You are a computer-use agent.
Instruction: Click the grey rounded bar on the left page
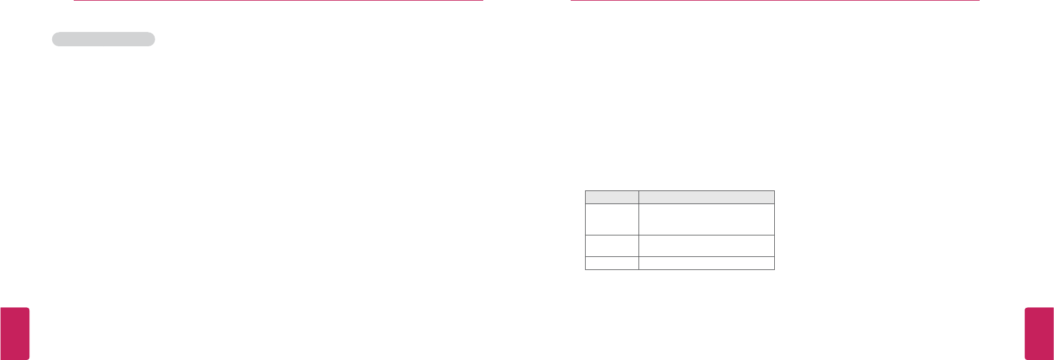click(103, 39)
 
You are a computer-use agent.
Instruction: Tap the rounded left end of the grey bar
click(55, 39)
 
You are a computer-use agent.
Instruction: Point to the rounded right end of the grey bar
click(151, 39)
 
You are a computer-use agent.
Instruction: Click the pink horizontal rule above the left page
click(278, 1)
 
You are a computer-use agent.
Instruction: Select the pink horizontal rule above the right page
click(775, 1)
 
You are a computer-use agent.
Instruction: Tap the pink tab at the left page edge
click(14, 333)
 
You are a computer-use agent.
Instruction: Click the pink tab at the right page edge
click(1039, 333)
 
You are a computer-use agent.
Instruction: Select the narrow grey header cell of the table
click(612, 197)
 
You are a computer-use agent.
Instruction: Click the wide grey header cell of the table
click(706, 197)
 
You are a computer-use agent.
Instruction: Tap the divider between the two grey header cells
click(639, 197)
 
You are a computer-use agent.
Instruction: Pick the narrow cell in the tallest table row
click(612, 219)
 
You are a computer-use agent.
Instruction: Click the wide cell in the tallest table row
click(706, 219)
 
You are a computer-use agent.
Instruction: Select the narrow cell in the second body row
click(612, 246)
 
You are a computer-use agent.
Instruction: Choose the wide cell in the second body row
click(706, 246)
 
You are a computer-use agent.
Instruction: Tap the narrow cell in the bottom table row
click(612, 263)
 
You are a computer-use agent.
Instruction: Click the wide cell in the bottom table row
click(706, 263)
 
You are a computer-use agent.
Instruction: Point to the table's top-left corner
click(585, 190)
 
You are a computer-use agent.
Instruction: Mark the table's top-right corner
click(774, 190)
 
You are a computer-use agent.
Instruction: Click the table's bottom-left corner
click(585, 269)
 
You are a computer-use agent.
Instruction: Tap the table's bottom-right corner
click(774, 269)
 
